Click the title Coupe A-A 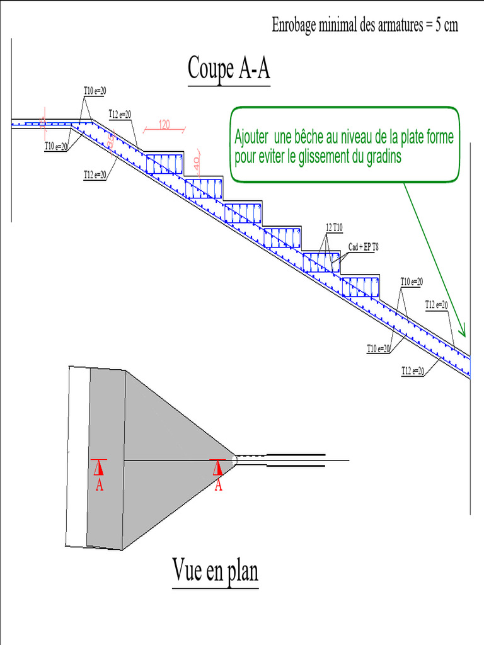coord(229,69)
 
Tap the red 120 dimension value coord(164,124)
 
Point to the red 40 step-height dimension coord(196,162)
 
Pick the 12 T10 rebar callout coord(335,227)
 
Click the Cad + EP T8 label coord(364,247)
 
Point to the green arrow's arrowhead coord(463,330)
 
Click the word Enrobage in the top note coord(295,26)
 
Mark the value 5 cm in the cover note coord(446,26)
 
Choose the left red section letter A coord(99,485)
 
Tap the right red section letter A coord(218,485)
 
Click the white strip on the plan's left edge coord(77,457)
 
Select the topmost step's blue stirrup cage coord(164,163)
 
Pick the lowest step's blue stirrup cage coord(361,286)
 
